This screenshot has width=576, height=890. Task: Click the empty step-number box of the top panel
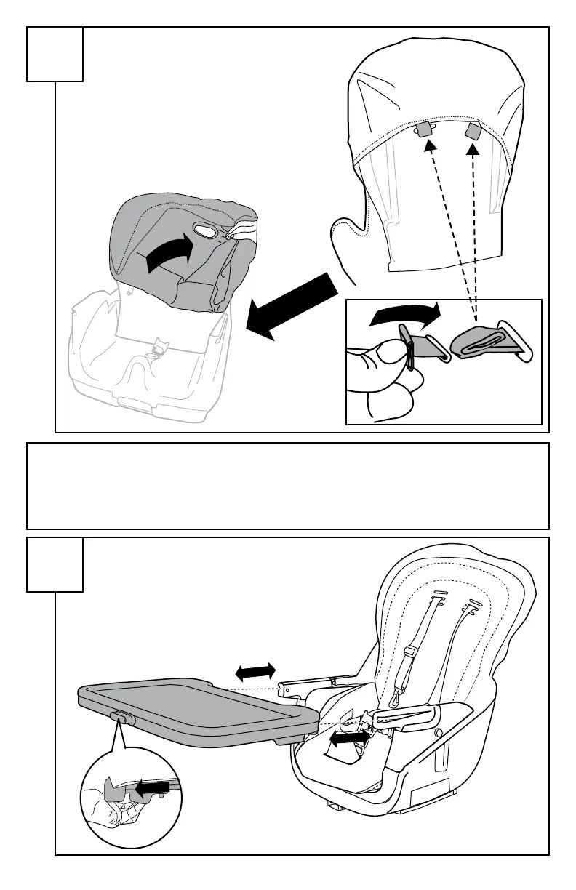(x=55, y=54)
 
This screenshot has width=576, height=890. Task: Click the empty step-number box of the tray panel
(x=55, y=564)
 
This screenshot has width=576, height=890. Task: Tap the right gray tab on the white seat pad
(x=473, y=132)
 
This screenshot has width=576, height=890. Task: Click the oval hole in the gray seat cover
(x=206, y=232)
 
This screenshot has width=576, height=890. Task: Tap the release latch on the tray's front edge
(x=123, y=717)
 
